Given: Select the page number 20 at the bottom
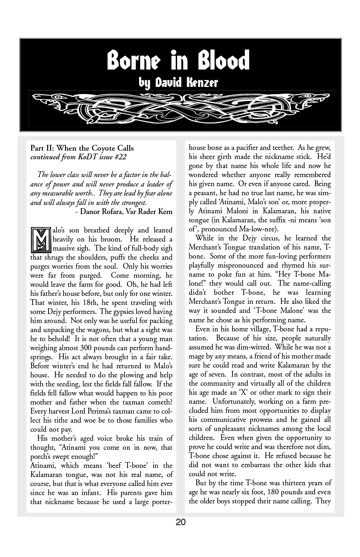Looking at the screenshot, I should click(x=181, y=522).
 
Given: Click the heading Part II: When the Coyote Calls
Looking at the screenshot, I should click(x=82, y=148).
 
